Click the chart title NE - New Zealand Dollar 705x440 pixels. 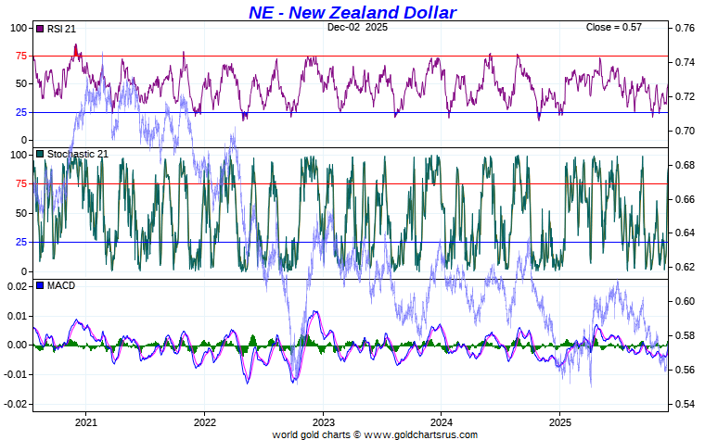(x=352, y=12)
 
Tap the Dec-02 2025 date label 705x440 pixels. (x=357, y=28)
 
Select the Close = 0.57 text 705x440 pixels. (x=613, y=28)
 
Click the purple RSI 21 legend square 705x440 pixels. (x=40, y=29)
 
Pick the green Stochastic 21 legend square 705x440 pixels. (x=40, y=154)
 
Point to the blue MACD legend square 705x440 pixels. (x=40, y=285)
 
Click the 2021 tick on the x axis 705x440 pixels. (x=86, y=421)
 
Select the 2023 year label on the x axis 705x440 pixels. (x=323, y=421)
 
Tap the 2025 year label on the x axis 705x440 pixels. (x=559, y=421)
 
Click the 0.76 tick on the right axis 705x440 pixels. (x=684, y=28)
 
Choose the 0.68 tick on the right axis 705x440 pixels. (x=684, y=165)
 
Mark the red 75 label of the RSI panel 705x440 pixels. (x=20, y=56)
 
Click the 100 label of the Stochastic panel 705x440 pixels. (x=18, y=155)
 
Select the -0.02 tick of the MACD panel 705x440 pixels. (x=15, y=405)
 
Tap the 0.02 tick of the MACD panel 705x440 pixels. (x=17, y=286)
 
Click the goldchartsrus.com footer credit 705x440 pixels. (x=375, y=434)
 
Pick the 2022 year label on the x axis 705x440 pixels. (x=205, y=421)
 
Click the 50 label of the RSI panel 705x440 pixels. (x=20, y=83)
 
